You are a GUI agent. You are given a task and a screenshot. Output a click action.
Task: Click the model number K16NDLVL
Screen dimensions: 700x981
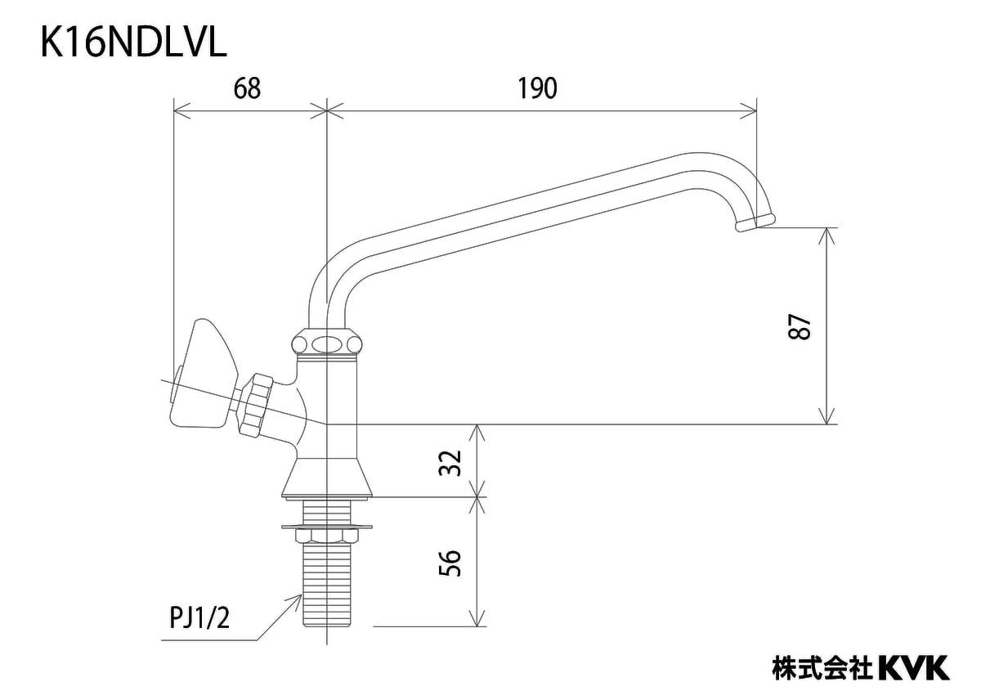[133, 43]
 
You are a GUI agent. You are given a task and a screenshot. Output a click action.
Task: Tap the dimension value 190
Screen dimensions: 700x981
[537, 88]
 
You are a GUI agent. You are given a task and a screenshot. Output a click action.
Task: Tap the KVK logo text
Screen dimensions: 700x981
[914, 666]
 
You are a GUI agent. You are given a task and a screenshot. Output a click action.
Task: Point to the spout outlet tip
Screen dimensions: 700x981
[754, 222]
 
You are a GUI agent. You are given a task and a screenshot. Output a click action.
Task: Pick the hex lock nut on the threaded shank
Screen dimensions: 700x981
[326, 536]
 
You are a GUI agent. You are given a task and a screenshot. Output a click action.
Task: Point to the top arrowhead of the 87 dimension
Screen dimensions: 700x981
[829, 233]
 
